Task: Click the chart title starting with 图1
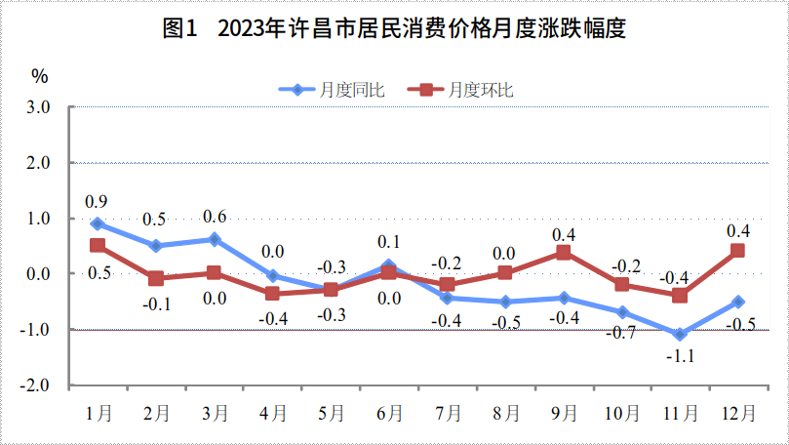[x=394, y=29]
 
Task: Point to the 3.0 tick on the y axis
[x=37, y=106]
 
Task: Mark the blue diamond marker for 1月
[x=98, y=223]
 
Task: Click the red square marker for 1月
[x=98, y=246]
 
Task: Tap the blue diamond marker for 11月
[x=680, y=335]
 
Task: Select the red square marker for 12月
[x=737, y=251]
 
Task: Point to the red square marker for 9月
[x=564, y=252]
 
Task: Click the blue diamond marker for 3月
[x=215, y=239]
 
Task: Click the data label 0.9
[x=97, y=202]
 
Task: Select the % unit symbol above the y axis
[x=38, y=76]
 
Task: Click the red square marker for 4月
[x=272, y=294]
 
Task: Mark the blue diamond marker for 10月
[x=621, y=312]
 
